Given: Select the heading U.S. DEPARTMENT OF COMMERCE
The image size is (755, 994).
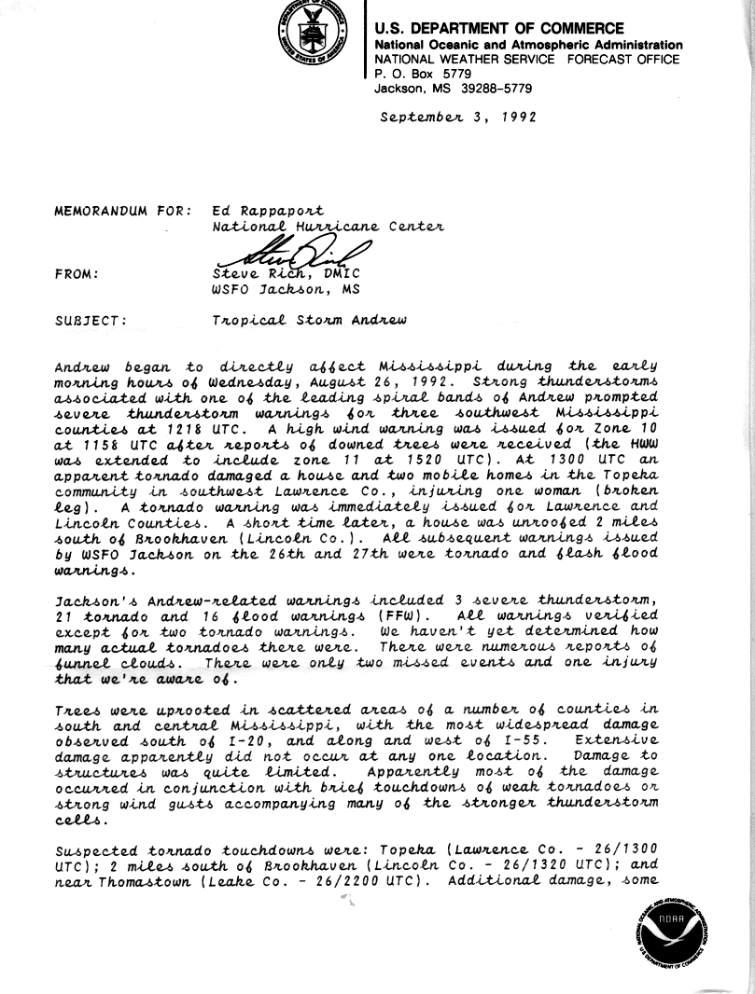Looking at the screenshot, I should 499,29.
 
